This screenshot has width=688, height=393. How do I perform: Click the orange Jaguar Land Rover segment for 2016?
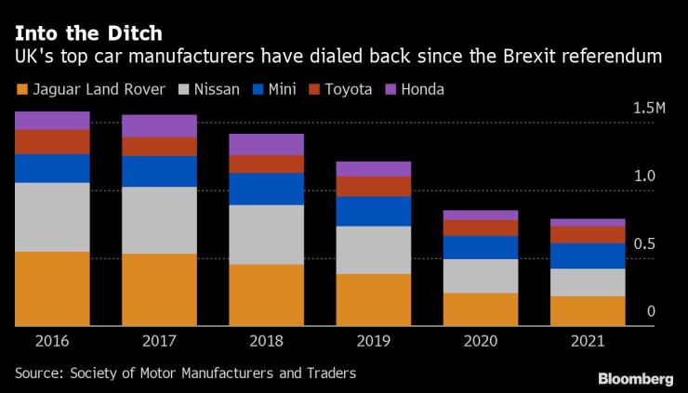52,288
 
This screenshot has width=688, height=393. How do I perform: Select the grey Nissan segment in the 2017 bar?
159,220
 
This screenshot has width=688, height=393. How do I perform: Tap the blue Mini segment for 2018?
266,189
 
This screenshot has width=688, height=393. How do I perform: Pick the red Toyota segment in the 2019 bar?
373,186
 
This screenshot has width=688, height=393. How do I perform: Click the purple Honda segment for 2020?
480,215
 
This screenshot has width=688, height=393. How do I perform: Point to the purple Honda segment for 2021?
587,223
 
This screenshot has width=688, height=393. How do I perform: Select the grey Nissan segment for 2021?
587,282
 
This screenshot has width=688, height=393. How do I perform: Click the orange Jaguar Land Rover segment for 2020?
480,309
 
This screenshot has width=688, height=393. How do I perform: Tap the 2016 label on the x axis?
52,341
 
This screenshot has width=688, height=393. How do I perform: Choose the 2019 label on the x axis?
373,341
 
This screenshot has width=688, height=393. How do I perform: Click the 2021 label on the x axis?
587,341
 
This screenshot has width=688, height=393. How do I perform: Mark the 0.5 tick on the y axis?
657,244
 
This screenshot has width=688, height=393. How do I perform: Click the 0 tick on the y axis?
652,311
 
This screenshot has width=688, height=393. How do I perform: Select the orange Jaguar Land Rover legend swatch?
20,89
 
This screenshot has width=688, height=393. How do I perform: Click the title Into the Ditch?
87,33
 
